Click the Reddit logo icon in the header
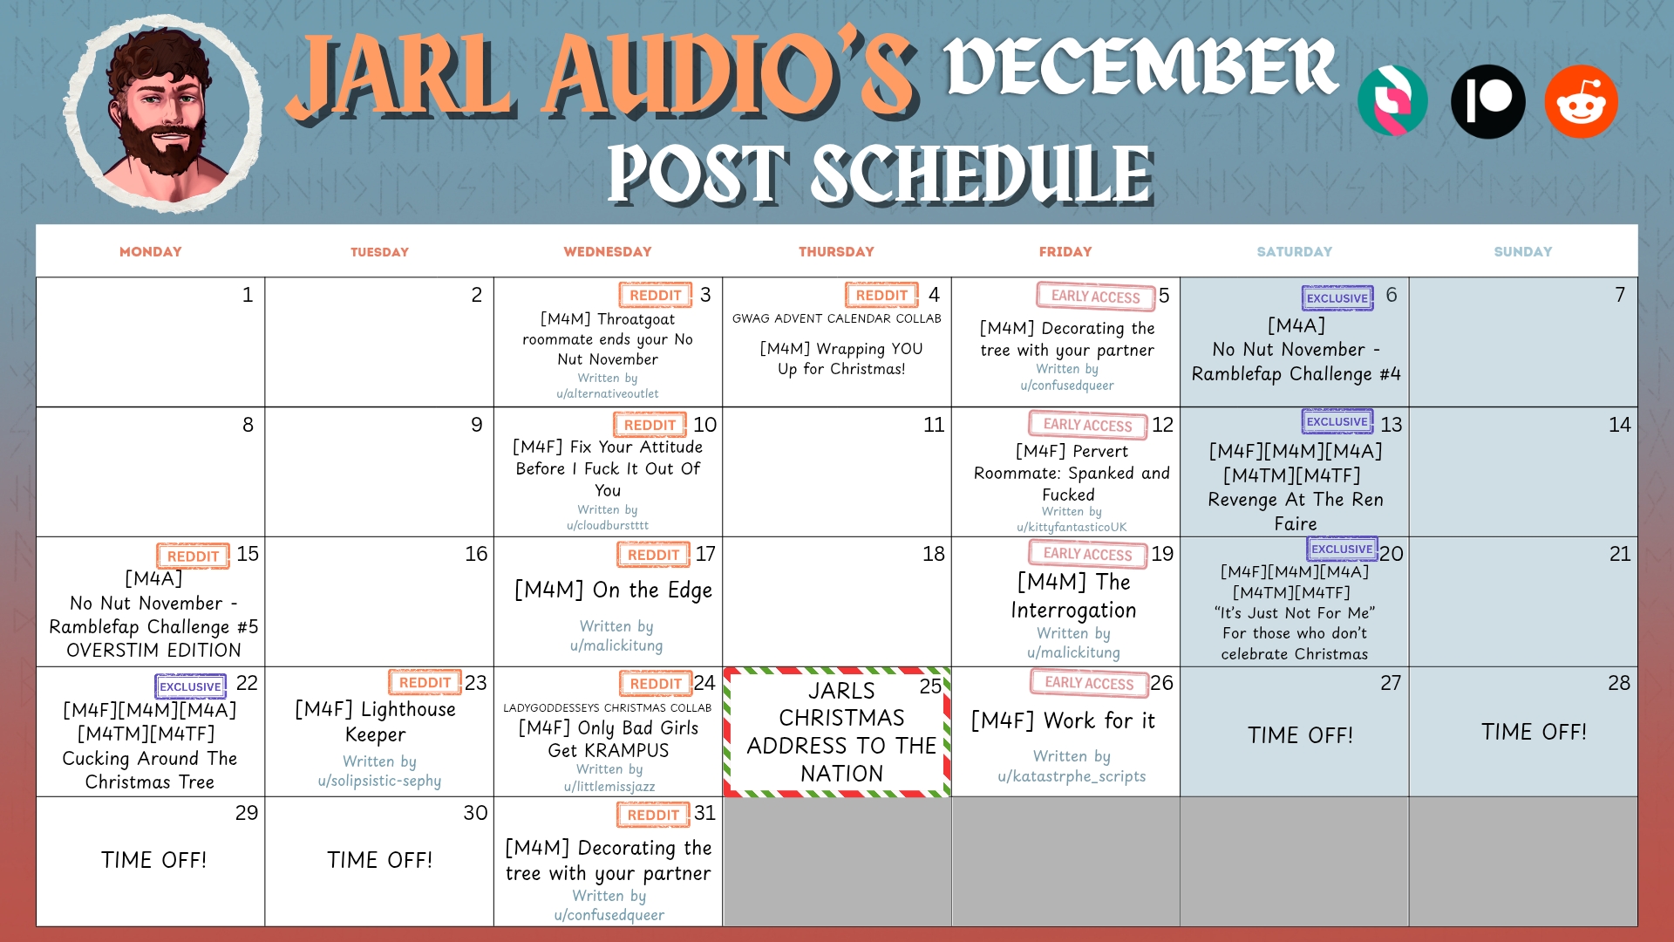(x=1581, y=101)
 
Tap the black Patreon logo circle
(x=1487, y=101)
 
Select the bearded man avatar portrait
(x=163, y=114)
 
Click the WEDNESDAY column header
(x=608, y=252)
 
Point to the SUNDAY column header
(x=1523, y=252)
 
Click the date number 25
(x=930, y=686)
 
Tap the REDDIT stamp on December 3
(x=655, y=296)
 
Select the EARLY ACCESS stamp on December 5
(x=1095, y=297)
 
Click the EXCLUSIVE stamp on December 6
(x=1337, y=298)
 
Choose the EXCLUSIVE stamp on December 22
(x=190, y=686)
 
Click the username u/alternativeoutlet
(x=608, y=393)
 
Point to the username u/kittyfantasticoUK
(x=1072, y=527)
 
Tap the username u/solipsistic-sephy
(x=379, y=781)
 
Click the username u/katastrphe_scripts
(x=1072, y=776)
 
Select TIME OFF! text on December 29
(x=153, y=860)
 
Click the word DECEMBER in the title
(x=1141, y=67)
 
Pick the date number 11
(x=934, y=425)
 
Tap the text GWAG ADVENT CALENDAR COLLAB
(x=837, y=318)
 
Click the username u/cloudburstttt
(x=608, y=525)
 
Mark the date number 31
(x=704, y=813)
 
